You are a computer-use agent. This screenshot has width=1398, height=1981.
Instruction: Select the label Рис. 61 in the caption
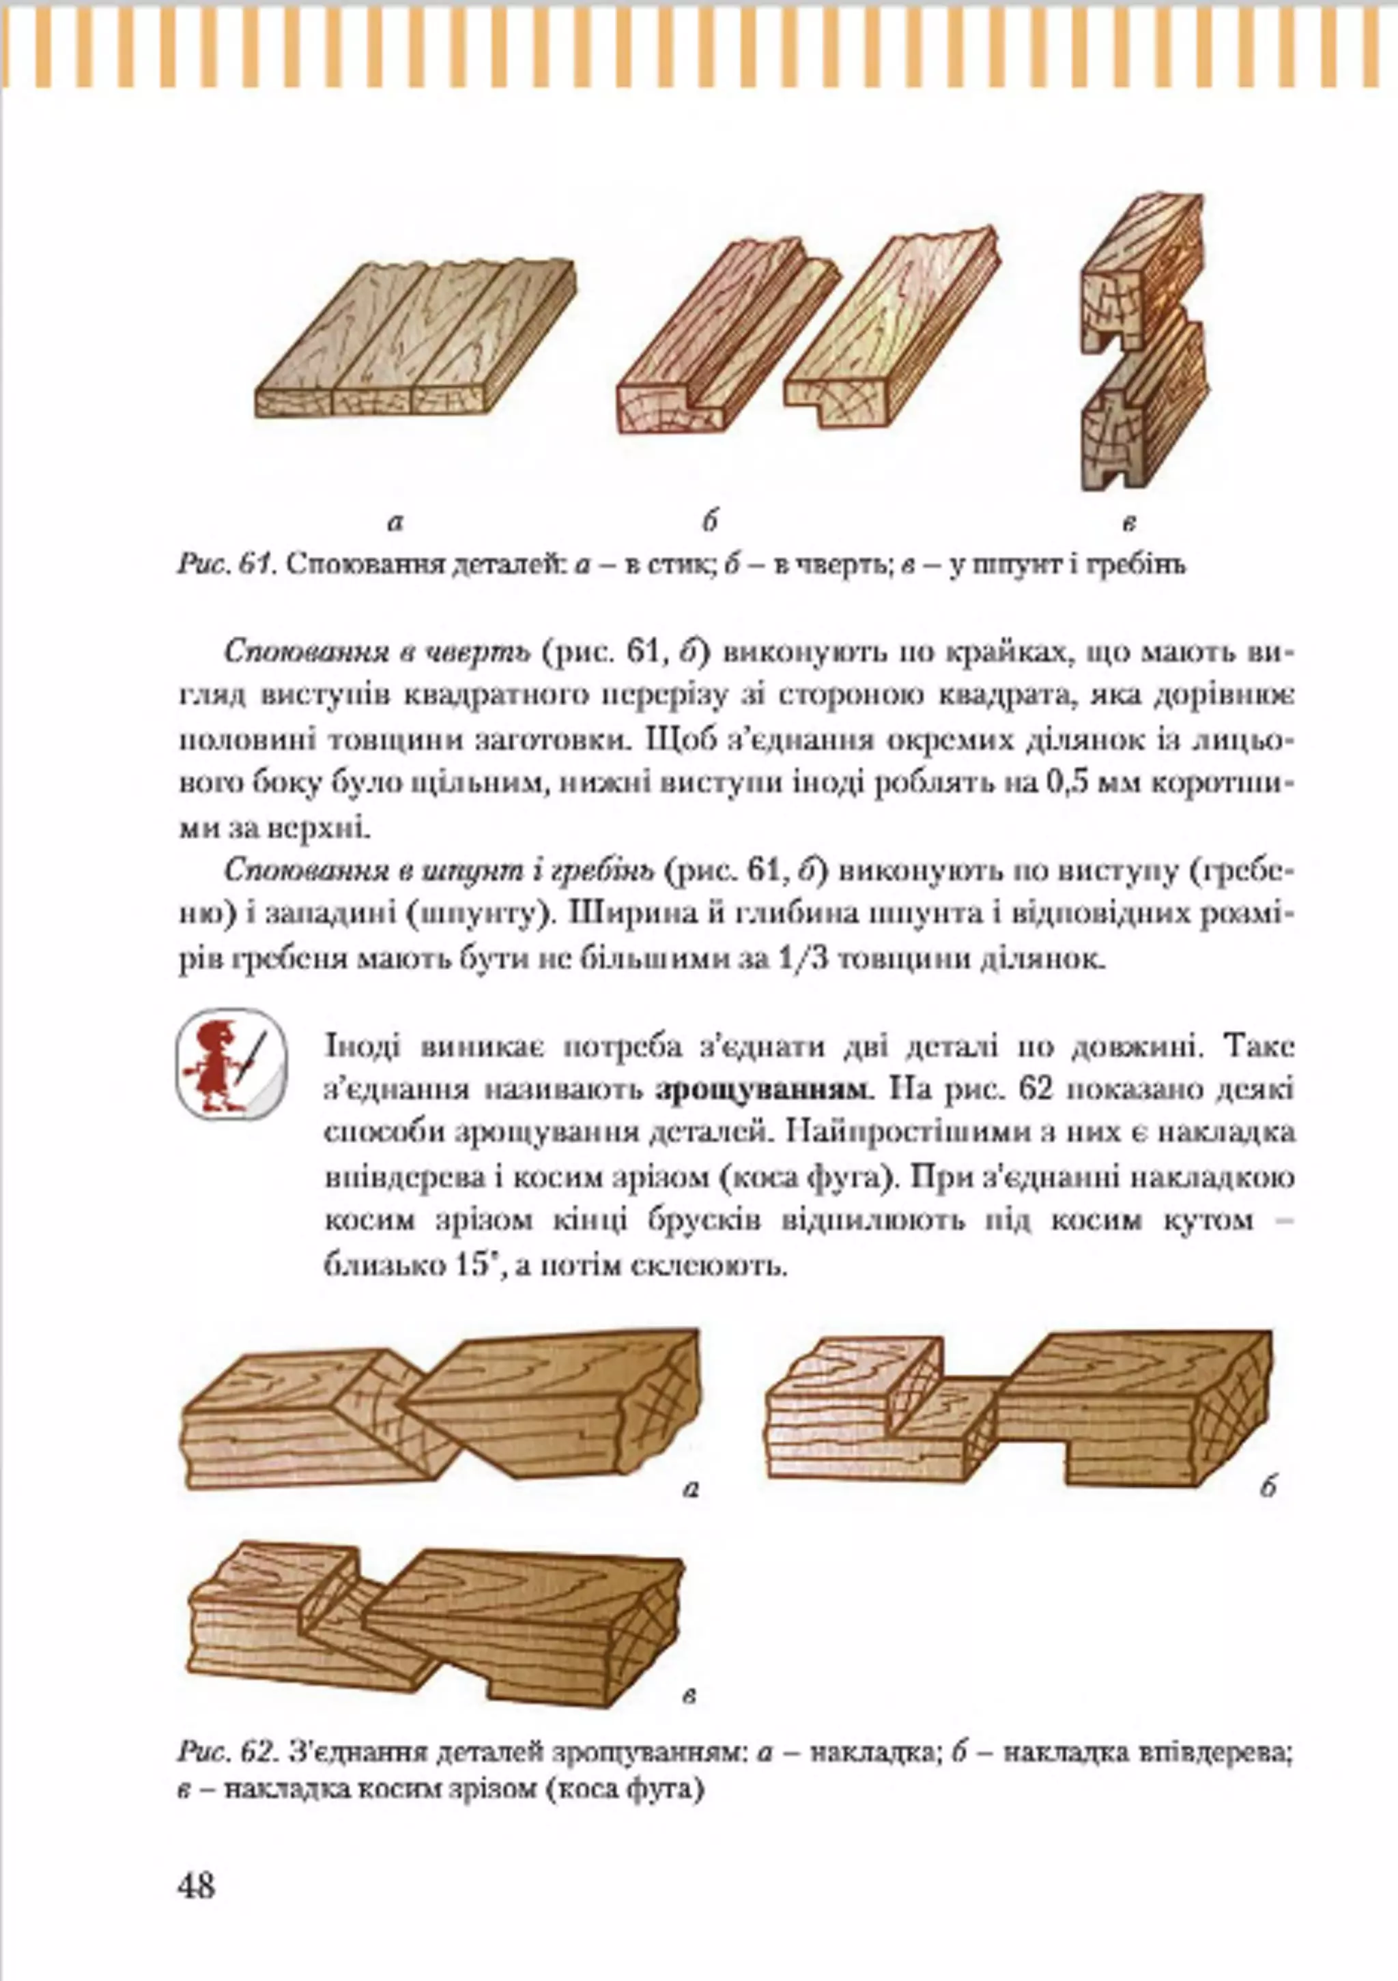tap(226, 565)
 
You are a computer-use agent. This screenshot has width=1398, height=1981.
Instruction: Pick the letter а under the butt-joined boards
tap(395, 522)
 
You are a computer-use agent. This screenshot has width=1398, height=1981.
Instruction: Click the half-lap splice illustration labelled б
tap(1018, 1411)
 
